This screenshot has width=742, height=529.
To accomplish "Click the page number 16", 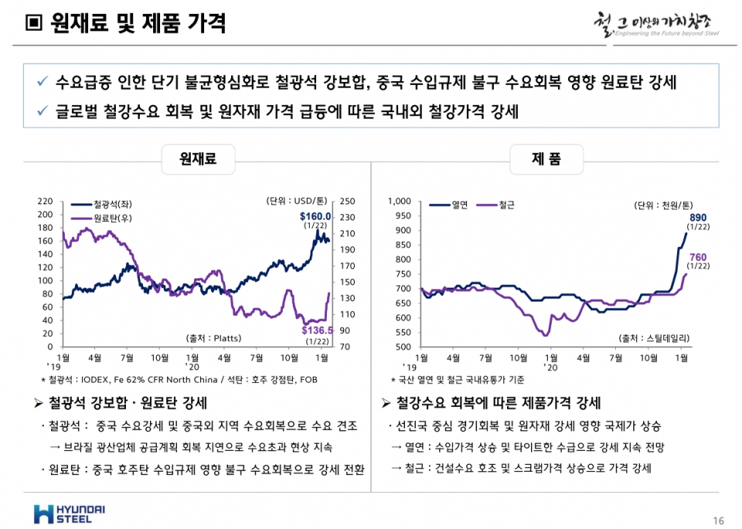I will tap(718, 519).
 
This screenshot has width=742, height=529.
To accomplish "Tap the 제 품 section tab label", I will tap(546, 159).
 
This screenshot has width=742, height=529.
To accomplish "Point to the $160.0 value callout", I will tap(315, 217).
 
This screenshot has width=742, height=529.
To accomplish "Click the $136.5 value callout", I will tap(317, 330).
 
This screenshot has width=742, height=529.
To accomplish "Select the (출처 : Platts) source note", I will tap(213, 338).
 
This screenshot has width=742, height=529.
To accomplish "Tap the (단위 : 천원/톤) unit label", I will tap(661, 205).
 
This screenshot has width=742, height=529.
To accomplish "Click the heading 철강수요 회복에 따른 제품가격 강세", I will tap(499, 404).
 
